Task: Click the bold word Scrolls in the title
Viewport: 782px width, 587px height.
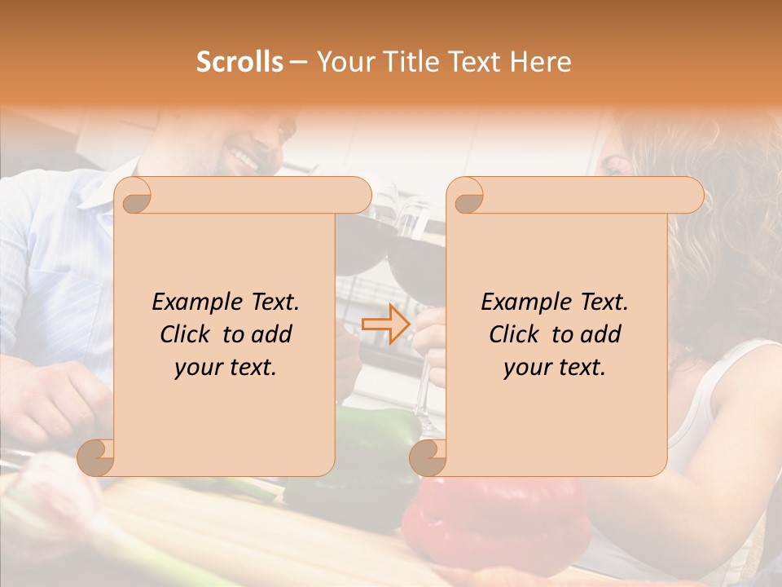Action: (x=239, y=61)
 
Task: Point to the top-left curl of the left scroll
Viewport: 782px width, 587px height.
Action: (x=135, y=195)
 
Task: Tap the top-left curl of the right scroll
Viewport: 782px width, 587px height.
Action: (x=467, y=196)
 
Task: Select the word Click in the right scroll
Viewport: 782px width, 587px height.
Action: (x=515, y=334)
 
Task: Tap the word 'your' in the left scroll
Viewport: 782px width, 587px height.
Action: (x=199, y=367)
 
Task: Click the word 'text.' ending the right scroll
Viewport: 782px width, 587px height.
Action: (x=580, y=367)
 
